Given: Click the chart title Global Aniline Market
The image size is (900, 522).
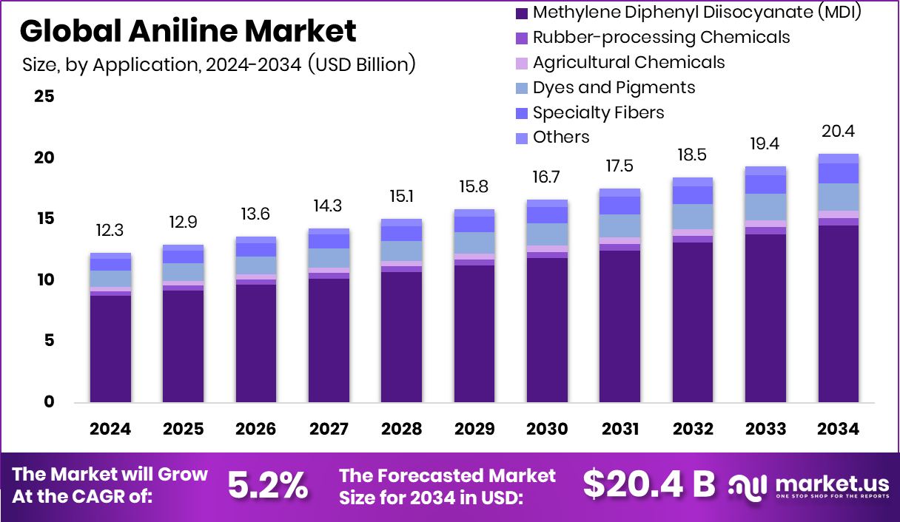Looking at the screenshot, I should click(188, 31).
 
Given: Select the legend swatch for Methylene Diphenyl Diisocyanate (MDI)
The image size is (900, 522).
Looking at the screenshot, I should click(521, 13).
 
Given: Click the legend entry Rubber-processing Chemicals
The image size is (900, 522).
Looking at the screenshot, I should click(661, 38).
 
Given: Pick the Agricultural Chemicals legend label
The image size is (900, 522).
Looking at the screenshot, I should click(628, 63).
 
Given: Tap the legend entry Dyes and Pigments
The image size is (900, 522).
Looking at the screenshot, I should click(614, 88).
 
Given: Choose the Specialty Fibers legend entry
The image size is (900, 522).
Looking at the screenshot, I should click(598, 112).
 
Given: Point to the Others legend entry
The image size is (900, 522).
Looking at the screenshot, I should click(561, 138).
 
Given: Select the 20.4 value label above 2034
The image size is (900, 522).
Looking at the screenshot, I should click(838, 132).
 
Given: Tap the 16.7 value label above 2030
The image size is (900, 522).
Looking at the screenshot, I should click(547, 178).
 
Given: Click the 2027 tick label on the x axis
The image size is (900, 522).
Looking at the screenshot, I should click(329, 430).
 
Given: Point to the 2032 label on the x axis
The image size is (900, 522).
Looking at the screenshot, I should click(693, 430).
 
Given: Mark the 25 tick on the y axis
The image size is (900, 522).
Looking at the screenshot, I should click(44, 97).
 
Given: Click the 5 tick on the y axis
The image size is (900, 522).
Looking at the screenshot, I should click(49, 341).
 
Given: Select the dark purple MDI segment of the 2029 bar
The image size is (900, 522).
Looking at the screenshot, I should click(474, 333).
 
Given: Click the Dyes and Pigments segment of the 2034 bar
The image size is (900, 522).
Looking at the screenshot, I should click(838, 197).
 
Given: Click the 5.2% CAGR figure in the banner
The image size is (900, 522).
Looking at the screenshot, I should click(267, 486).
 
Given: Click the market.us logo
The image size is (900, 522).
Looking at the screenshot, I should click(808, 487).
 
